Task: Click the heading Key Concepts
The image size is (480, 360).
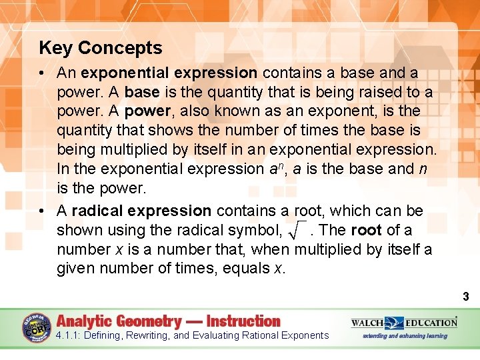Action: (101, 48)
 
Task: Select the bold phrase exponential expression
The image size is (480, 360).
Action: (169, 72)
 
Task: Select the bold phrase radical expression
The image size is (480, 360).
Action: (141, 211)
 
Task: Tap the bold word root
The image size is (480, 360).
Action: (366, 230)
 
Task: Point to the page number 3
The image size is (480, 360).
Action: (465, 297)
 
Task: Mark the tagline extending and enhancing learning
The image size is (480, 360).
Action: (405, 336)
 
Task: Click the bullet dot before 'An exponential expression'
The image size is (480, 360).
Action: (43, 72)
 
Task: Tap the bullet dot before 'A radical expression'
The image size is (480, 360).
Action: (43, 211)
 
